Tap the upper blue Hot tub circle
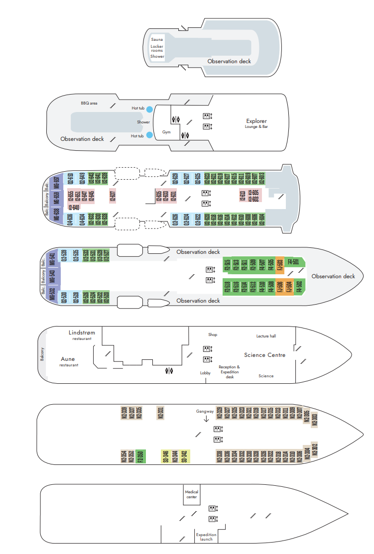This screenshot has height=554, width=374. (149, 108)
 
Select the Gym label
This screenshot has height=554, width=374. (166, 132)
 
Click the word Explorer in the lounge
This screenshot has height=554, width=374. (256, 121)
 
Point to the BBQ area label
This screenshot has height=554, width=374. (89, 103)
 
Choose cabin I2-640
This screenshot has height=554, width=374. (74, 208)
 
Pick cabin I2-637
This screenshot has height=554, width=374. (113, 196)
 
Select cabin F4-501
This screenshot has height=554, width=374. (293, 262)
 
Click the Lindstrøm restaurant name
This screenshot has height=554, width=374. (82, 332)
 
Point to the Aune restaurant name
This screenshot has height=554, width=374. (68, 359)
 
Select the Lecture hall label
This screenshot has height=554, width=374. (266, 336)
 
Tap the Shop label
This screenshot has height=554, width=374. (213, 335)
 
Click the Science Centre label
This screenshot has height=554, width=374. (264, 355)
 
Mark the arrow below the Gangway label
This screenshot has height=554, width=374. (206, 419)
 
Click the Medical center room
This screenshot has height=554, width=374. (192, 493)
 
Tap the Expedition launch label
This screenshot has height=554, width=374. (206, 537)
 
